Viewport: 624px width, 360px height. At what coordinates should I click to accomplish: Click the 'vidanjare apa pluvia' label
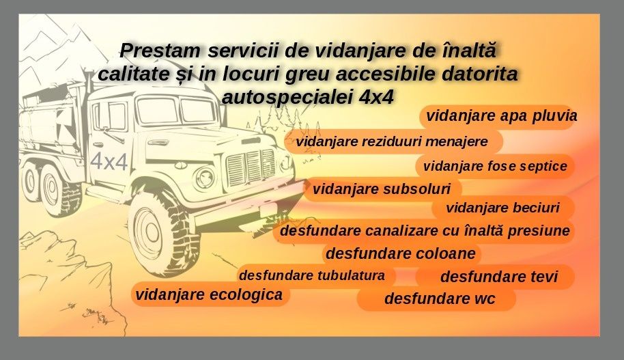[502, 116]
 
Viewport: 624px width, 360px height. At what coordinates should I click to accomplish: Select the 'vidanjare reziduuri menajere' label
[392, 142]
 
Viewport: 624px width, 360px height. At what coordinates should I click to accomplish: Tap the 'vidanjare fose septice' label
[495, 166]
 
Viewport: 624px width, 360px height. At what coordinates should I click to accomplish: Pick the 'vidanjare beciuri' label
[502, 208]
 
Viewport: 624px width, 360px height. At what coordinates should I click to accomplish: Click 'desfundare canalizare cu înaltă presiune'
[425, 231]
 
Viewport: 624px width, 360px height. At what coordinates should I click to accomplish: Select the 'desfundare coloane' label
[401, 254]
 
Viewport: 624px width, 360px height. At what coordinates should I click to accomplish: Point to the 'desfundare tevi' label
[498, 277]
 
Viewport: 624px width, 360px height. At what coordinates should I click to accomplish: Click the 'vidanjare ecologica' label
[209, 294]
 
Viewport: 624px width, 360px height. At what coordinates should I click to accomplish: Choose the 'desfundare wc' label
[440, 299]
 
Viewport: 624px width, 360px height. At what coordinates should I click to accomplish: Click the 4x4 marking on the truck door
[109, 162]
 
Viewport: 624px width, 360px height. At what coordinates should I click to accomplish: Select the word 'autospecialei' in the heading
[287, 96]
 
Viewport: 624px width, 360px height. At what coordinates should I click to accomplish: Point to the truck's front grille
[249, 166]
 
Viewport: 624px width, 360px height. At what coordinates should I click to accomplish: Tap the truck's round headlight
[205, 178]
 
